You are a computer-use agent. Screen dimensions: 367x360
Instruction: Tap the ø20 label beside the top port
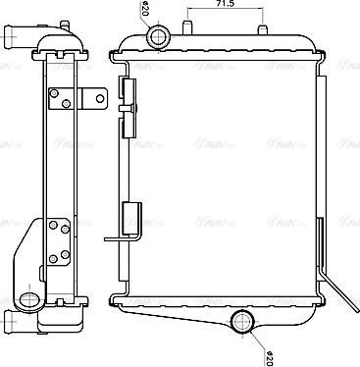coord(143,12)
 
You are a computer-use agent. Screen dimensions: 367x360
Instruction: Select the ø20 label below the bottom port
coord(268,353)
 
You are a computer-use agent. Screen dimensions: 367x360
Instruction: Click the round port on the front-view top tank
coord(158,37)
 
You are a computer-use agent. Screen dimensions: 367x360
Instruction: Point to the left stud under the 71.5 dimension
coord(187,25)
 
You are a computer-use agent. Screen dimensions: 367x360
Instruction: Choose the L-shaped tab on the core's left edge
coord(119,233)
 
